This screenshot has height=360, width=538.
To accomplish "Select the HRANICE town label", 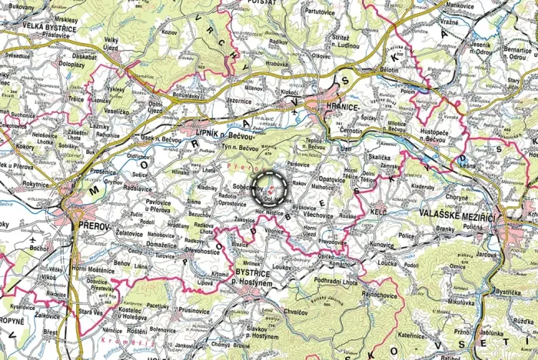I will point(341,107).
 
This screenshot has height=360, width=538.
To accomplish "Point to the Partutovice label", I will point(324,12).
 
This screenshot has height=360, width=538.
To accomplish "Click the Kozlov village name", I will point(169,34).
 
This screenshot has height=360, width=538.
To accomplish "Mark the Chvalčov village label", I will point(295,312).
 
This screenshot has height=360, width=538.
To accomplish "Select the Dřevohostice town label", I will point(202,251).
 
